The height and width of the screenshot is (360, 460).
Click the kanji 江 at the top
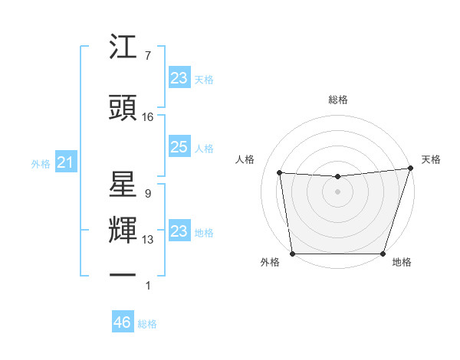123,49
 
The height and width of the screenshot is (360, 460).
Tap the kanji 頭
123,108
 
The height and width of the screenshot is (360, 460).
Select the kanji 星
123,186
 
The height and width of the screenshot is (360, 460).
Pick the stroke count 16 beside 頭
148,117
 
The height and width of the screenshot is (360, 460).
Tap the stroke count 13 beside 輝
148,240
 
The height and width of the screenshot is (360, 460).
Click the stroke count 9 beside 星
147,194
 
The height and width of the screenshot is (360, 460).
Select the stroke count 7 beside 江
147,56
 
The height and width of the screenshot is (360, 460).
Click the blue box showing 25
179,147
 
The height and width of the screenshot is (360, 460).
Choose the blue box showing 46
122,322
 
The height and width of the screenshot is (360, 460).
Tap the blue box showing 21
65,162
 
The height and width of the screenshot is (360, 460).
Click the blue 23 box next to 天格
179,77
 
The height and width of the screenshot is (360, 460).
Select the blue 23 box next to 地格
179,231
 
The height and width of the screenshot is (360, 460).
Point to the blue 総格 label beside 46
147,324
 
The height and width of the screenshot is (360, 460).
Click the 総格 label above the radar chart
337,100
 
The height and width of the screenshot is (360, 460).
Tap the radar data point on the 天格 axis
410,169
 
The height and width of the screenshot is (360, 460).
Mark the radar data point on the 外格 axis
292,254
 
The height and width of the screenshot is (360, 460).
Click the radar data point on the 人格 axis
280,173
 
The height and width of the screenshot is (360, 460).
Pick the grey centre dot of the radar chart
337,191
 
